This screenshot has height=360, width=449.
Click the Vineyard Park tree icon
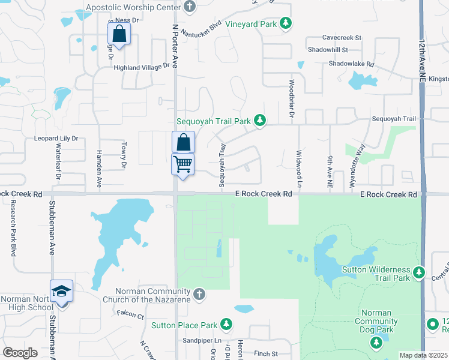pos(287,24)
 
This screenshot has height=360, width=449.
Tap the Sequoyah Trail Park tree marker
pos(260,121)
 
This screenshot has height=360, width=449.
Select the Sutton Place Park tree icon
pos(226,325)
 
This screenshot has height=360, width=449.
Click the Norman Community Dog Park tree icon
pos(376,343)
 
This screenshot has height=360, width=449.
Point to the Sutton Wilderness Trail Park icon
pos(419,274)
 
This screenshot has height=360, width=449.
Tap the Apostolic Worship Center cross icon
pos(190,8)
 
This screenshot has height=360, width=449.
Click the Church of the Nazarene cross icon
pos(200,295)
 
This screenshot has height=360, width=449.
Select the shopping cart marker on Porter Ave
pos(183,163)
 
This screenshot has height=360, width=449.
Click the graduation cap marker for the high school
pos(62,291)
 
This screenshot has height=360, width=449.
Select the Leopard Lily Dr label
pos(57,138)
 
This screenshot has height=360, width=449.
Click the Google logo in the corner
pos(20,353)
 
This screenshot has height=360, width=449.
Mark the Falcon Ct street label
pos(131,316)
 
